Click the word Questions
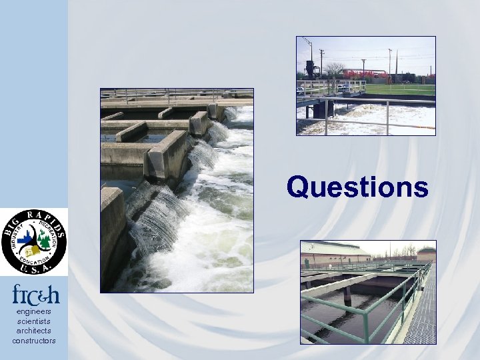[357, 187]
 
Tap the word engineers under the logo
[33, 311]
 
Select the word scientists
[33, 321]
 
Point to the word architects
[33, 331]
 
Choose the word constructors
[33, 341]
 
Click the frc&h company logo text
[33, 294]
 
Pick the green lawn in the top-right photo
[400, 89]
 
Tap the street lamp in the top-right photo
[363, 67]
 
